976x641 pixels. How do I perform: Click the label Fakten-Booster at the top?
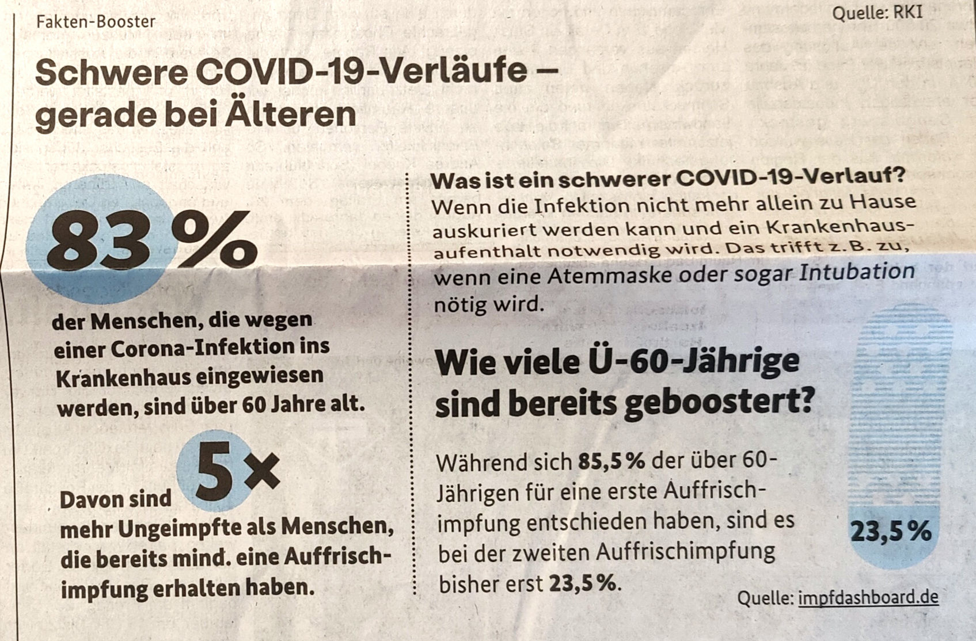click(x=96, y=22)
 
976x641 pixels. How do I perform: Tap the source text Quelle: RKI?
click(x=877, y=12)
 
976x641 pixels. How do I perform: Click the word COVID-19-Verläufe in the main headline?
click(x=361, y=71)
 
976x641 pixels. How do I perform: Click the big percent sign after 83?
click(x=214, y=241)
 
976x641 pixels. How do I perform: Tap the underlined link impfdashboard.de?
click(x=868, y=597)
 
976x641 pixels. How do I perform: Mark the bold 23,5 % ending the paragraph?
click(x=582, y=584)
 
